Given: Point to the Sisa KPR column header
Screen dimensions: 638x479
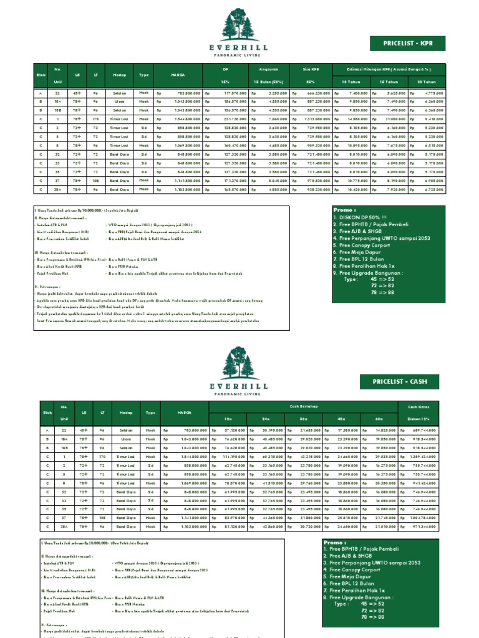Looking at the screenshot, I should pyautogui.click(x=311, y=69).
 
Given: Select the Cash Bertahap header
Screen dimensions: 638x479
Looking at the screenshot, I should pyautogui.click(x=304, y=406).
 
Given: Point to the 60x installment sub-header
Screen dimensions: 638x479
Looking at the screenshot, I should pyautogui.click(x=380, y=419).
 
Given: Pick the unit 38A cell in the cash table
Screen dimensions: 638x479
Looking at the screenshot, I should pyautogui.click(x=64, y=526).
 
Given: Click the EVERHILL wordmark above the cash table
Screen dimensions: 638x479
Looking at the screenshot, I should pyautogui.click(x=239, y=386).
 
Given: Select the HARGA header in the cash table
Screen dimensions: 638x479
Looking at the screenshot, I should pyautogui.click(x=184, y=412).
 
